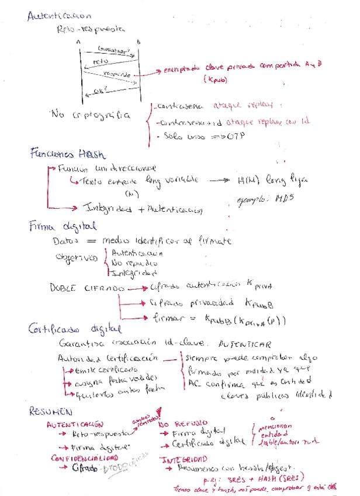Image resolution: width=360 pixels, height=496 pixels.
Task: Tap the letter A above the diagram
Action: click(x=78, y=43)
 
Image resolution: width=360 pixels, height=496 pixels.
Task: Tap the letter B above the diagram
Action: click(x=137, y=42)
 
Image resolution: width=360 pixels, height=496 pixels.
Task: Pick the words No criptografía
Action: click(x=89, y=115)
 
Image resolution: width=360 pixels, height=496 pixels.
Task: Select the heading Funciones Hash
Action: click(x=68, y=154)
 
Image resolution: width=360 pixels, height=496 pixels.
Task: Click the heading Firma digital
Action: click(x=63, y=225)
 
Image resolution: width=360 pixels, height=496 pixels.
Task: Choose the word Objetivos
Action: click(x=76, y=258)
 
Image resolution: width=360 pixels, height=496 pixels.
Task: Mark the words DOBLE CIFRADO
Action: click(x=87, y=288)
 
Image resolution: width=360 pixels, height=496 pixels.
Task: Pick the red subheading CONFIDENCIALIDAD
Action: click(x=85, y=457)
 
